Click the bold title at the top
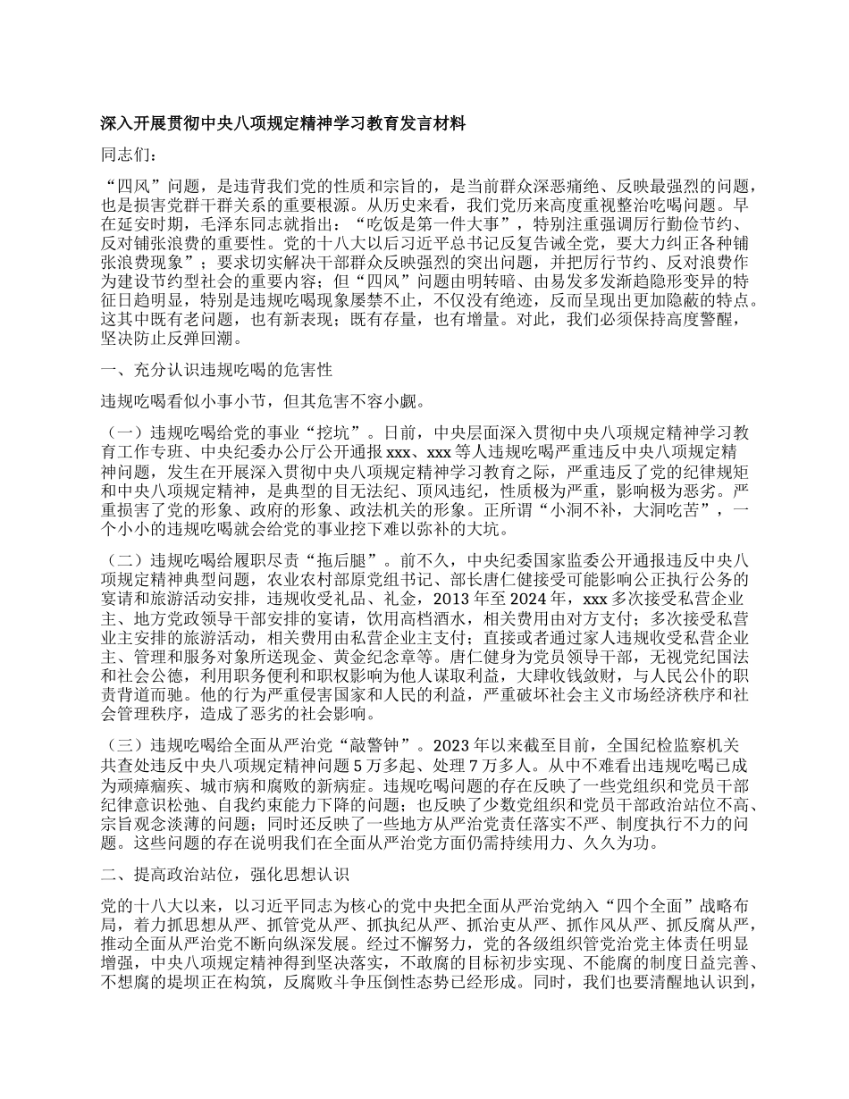283,125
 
